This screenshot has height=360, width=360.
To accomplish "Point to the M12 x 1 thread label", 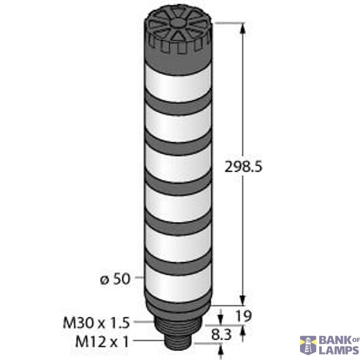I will pos(103,342).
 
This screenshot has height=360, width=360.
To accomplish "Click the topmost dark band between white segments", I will pos(179,98).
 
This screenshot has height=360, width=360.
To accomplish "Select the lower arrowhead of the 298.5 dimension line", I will pos(243,301).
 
